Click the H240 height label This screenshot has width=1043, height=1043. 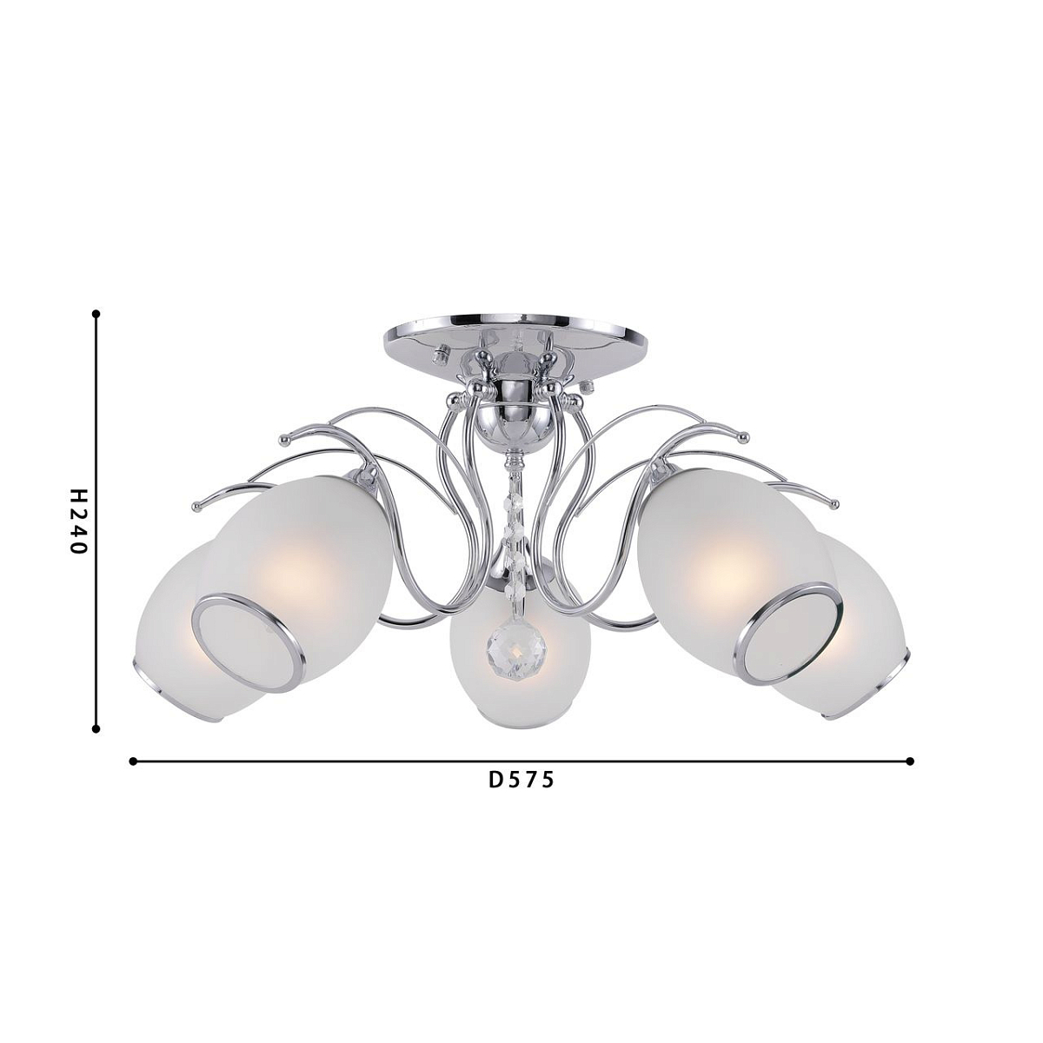pyautogui.click(x=78, y=521)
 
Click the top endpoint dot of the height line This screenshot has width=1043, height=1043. pyautogui.click(x=96, y=313)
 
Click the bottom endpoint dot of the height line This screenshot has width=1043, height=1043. pyautogui.click(x=96, y=729)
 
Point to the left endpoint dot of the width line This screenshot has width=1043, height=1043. pyautogui.click(x=133, y=761)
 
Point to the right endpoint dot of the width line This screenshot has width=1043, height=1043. pyautogui.click(x=910, y=761)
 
